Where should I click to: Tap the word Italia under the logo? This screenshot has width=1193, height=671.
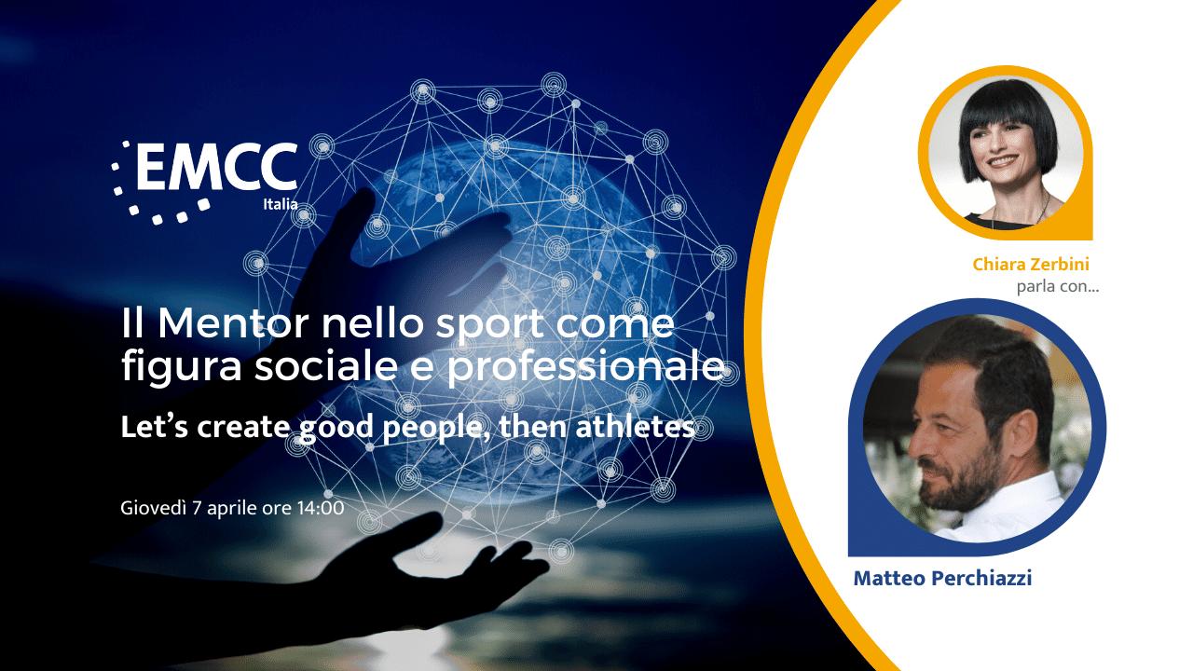(x=281, y=204)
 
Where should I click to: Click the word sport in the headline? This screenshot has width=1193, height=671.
(x=490, y=326)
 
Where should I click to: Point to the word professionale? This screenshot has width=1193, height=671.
(x=584, y=368)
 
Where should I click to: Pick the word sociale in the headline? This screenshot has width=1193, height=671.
(x=326, y=366)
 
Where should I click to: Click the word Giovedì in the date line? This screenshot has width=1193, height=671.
(x=154, y=508)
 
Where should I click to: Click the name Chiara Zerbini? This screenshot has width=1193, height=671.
(x=1031, y=264)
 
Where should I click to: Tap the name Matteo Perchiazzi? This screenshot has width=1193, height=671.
(x=942, y=579)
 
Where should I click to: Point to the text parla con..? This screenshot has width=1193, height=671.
(x=1058, y=287)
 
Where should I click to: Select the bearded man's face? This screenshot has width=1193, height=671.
(x=959, y=442)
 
